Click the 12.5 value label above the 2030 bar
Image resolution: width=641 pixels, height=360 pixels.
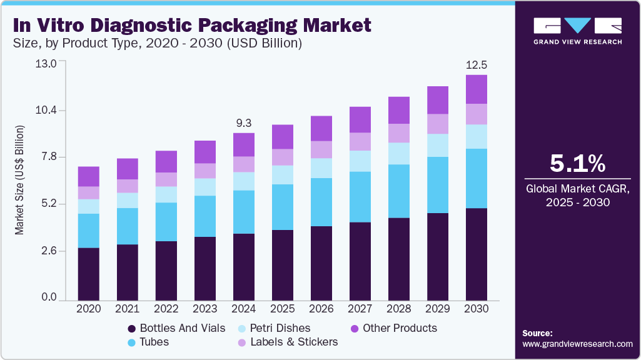477,65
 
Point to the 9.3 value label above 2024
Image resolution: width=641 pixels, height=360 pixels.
244,123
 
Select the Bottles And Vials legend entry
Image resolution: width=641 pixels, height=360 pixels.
176,328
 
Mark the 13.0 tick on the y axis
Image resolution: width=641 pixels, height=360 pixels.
48,63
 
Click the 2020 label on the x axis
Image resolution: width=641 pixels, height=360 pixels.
88,308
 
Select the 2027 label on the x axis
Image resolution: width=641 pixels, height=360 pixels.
360,308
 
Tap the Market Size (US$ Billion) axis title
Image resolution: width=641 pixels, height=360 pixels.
19,181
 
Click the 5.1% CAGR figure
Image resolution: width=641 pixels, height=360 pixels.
577,164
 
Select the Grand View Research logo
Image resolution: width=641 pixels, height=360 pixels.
577,31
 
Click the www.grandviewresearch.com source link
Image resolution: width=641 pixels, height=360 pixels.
577,344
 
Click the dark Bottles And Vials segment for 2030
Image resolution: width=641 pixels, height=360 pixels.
477,254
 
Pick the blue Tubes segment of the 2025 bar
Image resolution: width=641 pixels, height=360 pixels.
283,207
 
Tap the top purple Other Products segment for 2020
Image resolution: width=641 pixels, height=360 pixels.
89,176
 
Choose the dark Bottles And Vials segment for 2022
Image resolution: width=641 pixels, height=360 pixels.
166,270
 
